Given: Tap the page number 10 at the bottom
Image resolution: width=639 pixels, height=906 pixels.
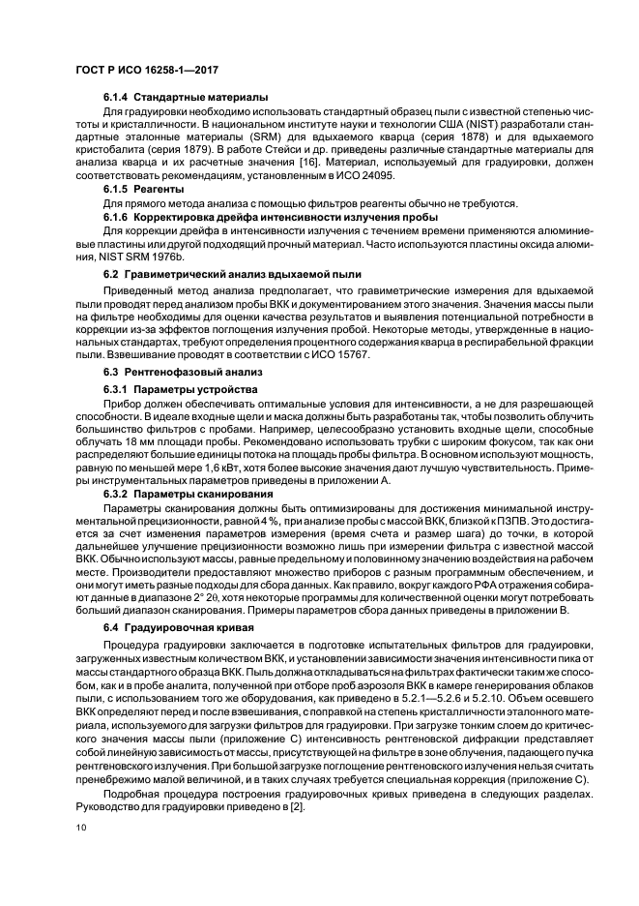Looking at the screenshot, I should [80, 829].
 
